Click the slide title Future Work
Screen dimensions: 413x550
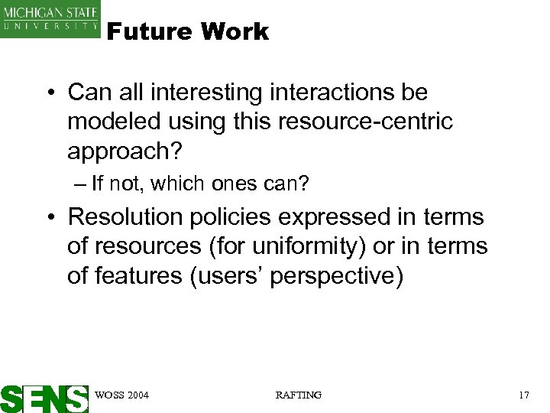click(x=188, y=31)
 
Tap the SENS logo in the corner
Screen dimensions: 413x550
click(x=44, y=398)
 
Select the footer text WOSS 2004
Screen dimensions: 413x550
click(x=121, y=395)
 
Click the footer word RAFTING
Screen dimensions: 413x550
click(x=298, y=395)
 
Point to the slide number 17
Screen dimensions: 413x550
click(x=523, y=395)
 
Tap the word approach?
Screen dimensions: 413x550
click(x=125, y=151)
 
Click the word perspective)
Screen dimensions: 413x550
click(x=338, y=275)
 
